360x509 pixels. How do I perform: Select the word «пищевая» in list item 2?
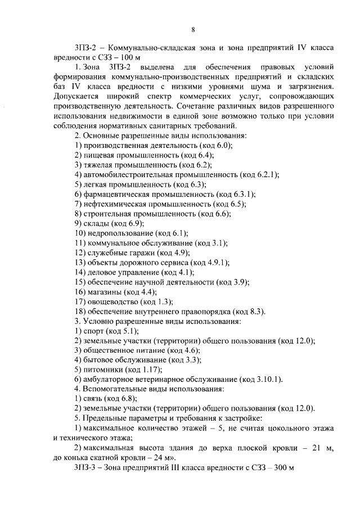coord(100,154)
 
